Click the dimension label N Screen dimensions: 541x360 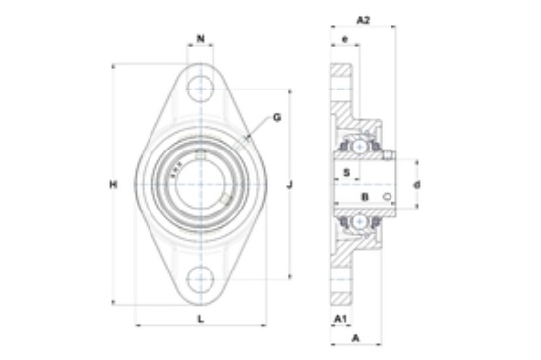(x=200, y=39)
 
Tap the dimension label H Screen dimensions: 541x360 (x=113, y=185)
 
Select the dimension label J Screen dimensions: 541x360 (x=290, y=185)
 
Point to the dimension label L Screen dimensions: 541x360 (x=200, y=319)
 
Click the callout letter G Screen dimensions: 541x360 (x=277, y=118)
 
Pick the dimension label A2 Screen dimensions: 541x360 (x=363, y=20)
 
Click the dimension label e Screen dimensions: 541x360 (x=345, y=39)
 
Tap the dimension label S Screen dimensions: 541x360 (x=347, y=172)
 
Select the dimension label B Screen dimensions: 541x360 (x=365, y=197)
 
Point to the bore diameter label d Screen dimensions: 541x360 (x=417, y=185)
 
